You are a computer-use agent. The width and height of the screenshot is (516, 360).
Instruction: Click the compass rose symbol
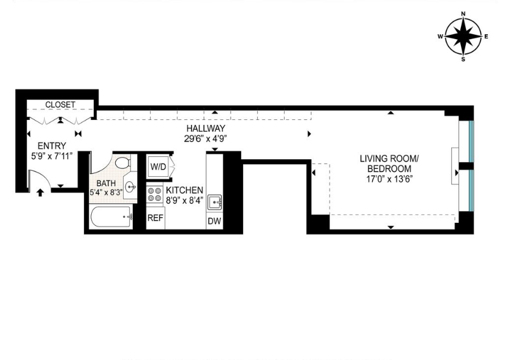(x=463, y=36)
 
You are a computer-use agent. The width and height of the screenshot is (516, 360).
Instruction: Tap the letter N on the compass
(x=463, y=13)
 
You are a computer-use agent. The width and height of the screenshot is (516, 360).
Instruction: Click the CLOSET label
(x=60, y=105)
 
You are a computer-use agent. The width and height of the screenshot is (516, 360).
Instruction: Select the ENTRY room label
(x=52, y=146)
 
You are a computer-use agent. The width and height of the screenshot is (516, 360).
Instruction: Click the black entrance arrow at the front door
(x=40, y=193)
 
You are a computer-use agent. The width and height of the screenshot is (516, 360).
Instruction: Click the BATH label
(x=106, y=182)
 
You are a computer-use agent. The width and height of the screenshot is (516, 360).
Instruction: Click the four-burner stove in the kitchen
(x=154, y=195)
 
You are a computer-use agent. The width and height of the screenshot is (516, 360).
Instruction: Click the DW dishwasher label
(x=214, y=221)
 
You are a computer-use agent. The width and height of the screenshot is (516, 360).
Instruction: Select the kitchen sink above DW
(x=214, y=201)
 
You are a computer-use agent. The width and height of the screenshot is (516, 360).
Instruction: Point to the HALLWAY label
(x=206, y=128)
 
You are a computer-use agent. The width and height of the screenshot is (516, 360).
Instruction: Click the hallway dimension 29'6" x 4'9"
(x=206, y=138)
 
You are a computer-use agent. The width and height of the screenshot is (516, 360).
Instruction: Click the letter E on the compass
(x=486, y=37)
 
